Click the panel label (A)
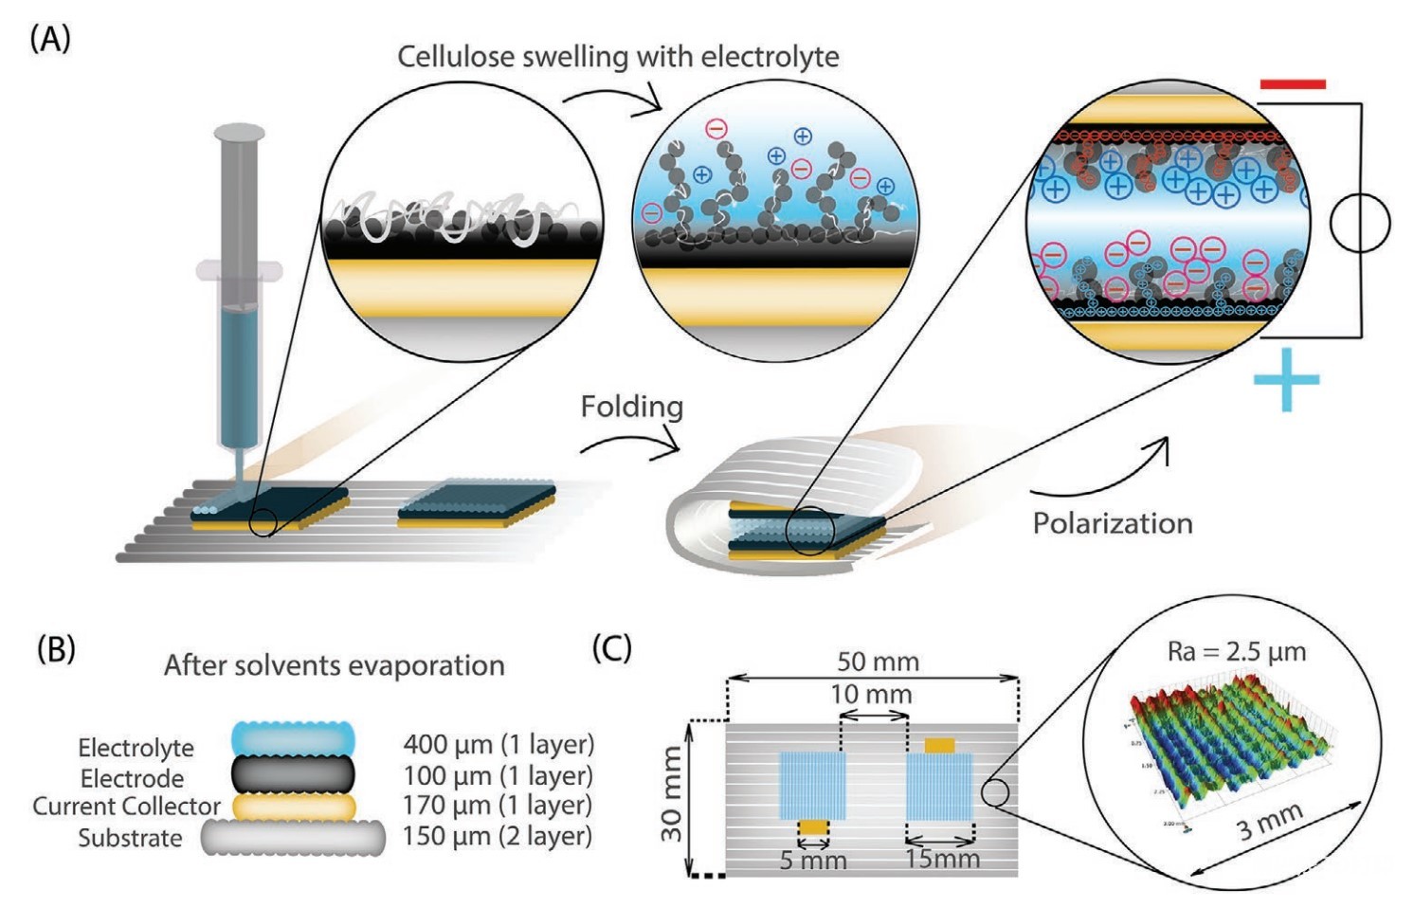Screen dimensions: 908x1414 pyautogui.click(x=50, y=40)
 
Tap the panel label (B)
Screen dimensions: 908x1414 pyautogui.click(x=56, y=649)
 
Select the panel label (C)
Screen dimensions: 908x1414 pyautogui.click(x=611, y=649)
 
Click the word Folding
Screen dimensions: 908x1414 pyautogui.click(x=631, y=407)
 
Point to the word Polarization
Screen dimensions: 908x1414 pyautogui.click(x=1112, y=523)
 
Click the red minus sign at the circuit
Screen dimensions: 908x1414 pyautogui.click(x=1292, y=84)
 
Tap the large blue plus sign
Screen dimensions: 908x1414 pyautogui.click(x=1286, y=379)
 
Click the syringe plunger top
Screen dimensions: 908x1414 pyautogui.click(x=240, y=132)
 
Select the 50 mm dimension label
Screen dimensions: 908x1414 pyautogui.click(x=878, y=662)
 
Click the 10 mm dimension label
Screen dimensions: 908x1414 pyautogui.click(x=871, y=695)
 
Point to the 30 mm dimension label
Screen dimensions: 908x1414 pyautogui.click(x=672, y=794)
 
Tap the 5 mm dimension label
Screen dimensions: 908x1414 pyautogui.click(x=812, y=861)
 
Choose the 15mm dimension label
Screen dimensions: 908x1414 pyautogui.click(x=942, y=859)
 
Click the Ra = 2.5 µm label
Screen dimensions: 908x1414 pyautogui.click(x=1236, y=652)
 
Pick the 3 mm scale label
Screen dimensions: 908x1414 pyautogui.click(x=1269, y=821)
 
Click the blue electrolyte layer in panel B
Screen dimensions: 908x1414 pyautogui.click(x=293, y=737)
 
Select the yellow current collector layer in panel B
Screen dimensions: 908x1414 pyautogui.click(x=293, y=807)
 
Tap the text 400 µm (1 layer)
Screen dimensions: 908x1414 pyautogui.click(x=499, y=744)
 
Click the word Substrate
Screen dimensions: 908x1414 pyautogui.click(x=130, y=838)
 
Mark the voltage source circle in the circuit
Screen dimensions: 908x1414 pyautogui.click(x=1359, y=225)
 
